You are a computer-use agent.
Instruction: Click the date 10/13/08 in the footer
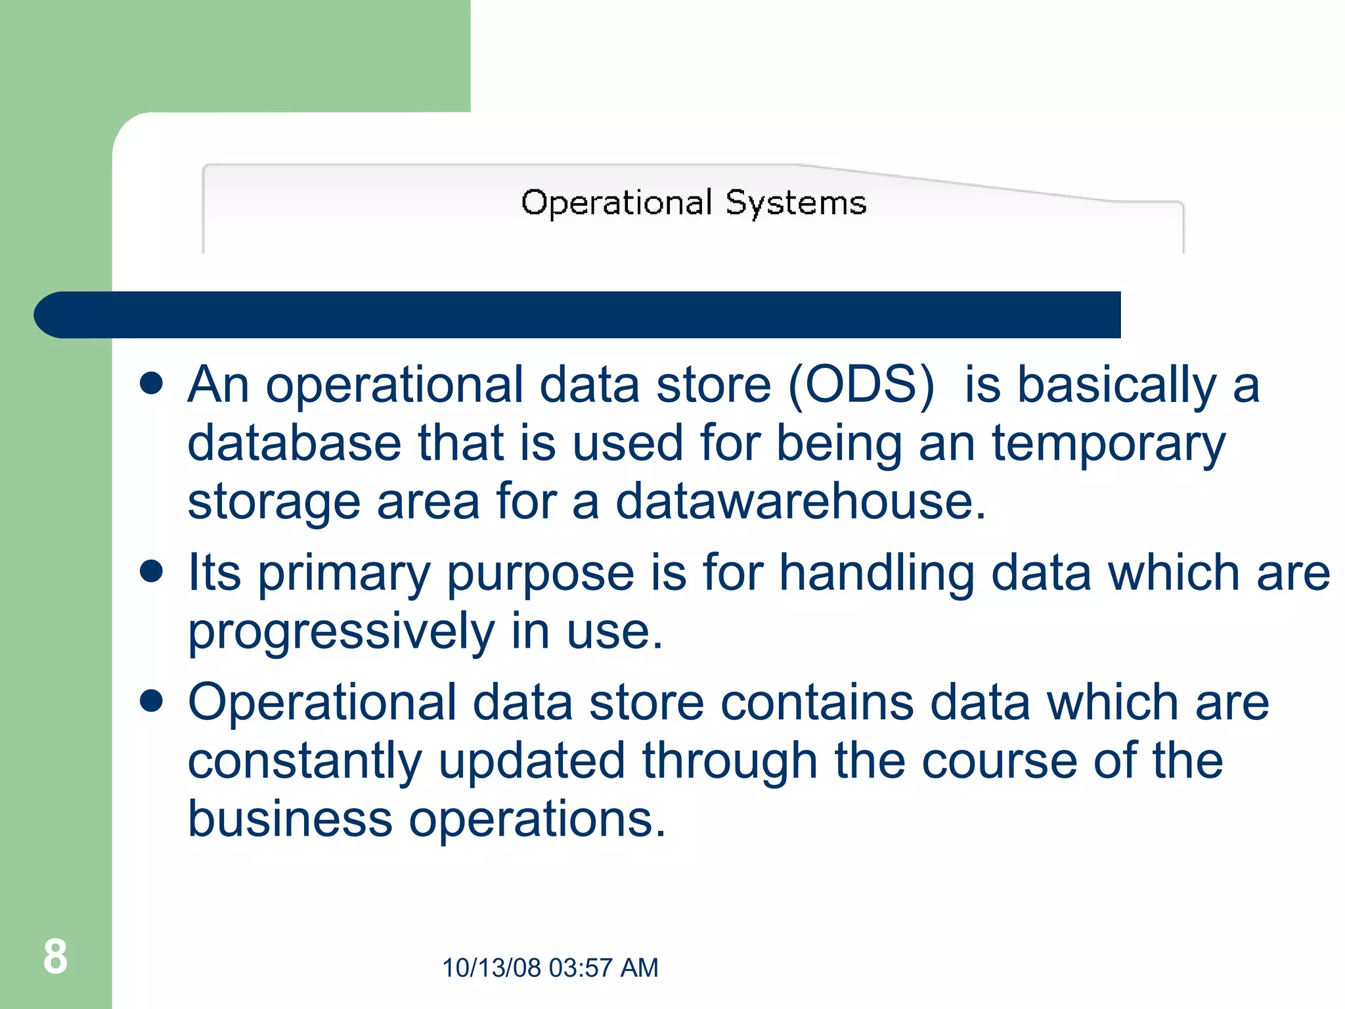point(491,968)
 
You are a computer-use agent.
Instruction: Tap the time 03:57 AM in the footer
point(603,968)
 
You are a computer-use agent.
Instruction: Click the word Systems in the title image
point(795,203)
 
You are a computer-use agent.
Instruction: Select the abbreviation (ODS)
point(860,385)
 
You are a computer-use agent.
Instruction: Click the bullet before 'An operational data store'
point(152,383)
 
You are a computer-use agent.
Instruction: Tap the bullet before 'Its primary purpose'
point(152,571)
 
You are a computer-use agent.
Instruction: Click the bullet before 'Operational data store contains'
point(152,701)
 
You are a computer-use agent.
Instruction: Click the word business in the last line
point(290,819)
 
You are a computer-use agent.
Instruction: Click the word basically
point(1116,386)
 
